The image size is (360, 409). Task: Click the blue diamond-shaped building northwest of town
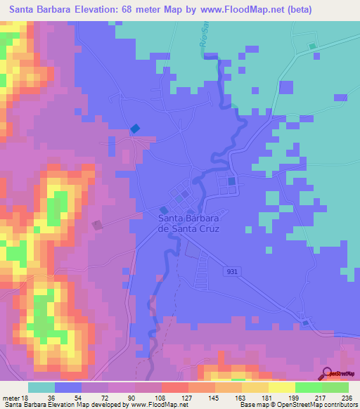point(135,129)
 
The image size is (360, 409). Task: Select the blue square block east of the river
point(231,181)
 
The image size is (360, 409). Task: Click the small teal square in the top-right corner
point(312,47)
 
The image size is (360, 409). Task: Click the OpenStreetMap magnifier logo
point(326,374)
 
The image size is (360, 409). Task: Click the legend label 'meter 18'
point(14,397)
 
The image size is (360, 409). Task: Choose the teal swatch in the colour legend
point(41,387)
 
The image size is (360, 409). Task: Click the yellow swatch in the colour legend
point(282,387)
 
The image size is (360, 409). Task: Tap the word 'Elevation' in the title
point(94,10)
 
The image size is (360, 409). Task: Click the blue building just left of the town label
point(164,210)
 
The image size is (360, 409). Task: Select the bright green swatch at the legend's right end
point(335,387)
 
